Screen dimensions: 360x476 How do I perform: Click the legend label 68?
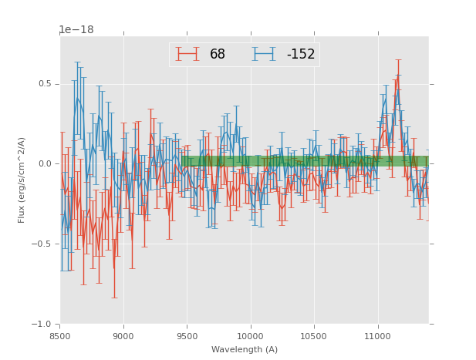[218, 55]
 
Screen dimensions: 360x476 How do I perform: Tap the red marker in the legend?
[187, 55]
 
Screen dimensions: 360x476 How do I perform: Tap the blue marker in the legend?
[264, 55]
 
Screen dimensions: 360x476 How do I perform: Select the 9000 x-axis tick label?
[123, 335]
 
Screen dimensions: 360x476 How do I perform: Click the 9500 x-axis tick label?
[187, 335]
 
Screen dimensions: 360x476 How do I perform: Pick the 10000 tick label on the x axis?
[251, 335]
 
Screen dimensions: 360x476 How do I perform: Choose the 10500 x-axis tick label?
[314, 335]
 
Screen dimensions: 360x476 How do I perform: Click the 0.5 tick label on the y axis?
[45, 84]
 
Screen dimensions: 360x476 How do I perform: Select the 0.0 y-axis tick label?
[45, 164]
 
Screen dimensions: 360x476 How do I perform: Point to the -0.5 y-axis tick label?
[42, 244]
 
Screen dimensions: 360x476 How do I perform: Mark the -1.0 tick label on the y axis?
[42, 325]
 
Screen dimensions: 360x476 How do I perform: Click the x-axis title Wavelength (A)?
[245, 350]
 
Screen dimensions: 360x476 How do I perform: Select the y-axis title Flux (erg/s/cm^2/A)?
[22, 180]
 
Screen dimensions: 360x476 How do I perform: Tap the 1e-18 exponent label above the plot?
[76, 30]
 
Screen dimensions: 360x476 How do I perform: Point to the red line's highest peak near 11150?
[398, 76]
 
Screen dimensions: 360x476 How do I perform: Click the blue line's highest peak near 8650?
[77, 99]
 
